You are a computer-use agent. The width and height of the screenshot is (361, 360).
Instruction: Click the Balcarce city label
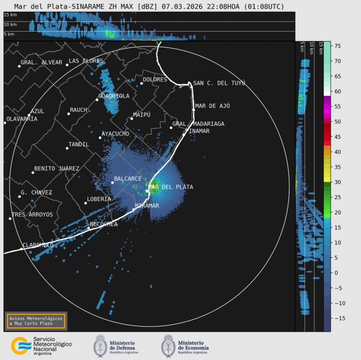tap(127, 179)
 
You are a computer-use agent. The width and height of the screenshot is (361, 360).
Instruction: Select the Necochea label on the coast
tap(104, 225)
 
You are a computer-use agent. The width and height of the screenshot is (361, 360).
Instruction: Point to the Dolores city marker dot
tap(142, 84)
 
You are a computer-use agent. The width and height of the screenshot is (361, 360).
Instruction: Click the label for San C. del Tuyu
tap(219, 84)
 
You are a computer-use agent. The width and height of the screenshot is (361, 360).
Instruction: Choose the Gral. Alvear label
tap(41, 63)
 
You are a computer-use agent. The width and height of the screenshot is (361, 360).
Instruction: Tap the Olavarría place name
tap(21, 119)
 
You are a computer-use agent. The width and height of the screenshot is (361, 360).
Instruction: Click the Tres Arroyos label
tap(32, 215)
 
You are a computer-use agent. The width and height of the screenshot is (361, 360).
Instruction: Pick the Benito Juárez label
tap(56, 169)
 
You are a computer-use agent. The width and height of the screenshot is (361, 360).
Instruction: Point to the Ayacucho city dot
tap(100, 138)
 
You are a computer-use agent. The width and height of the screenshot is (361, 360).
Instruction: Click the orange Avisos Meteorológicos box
tap(36, 321)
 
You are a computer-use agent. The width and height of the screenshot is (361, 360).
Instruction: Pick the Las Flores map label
tap(86, 61)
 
